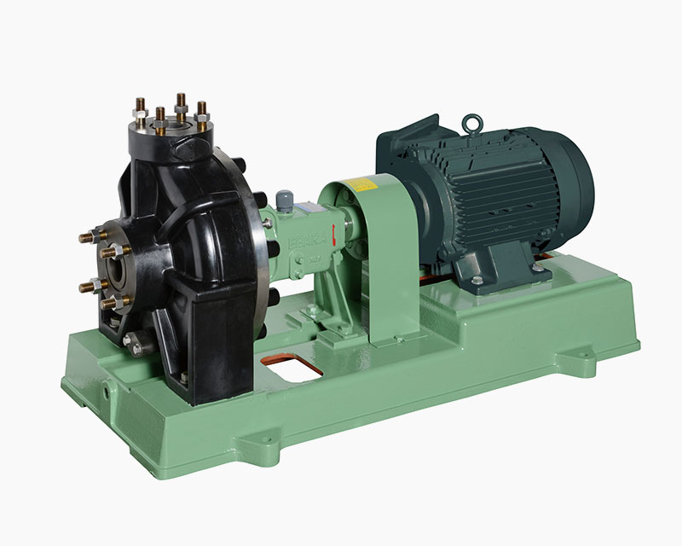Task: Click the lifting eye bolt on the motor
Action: point(471,125)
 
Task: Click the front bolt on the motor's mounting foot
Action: point(477,280)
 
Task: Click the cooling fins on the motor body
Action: point(494,196)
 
